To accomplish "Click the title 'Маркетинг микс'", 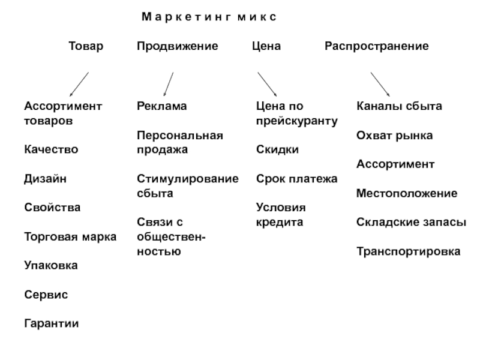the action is [209, 17].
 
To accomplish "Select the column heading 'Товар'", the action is [86, 46].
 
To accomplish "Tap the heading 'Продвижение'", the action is [178, 46].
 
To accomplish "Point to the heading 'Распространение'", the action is [377, 46].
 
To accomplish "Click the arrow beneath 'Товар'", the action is [79, 84].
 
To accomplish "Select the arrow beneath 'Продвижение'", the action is [169, 84].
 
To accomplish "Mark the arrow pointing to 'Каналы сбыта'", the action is [380, 84].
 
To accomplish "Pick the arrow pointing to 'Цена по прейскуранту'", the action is [267, 84].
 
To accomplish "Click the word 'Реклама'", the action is [162, 106].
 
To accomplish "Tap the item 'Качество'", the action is [51, 149].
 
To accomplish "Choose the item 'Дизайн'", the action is [46, 178].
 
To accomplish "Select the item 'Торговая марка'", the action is [70, 236].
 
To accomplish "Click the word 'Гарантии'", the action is [52, 323].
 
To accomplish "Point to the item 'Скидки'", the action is [277, 149].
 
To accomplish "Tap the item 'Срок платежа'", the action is [296, 178].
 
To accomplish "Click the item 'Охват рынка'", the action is [395, 136].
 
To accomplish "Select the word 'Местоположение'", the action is [407, 193].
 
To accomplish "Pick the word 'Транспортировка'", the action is [409, 251].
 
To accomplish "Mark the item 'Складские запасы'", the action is [411, 222].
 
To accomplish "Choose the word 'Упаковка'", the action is [51, 265].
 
